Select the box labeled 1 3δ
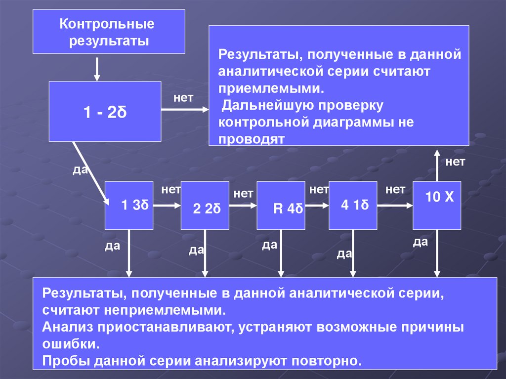point(129,205)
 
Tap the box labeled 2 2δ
point(205,206)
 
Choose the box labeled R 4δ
point(281,206)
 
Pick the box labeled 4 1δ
point(353,205)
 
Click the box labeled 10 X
point(437,205)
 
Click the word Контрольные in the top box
point(107,24)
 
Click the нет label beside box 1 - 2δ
point(183,98)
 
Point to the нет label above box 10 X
point(455,162)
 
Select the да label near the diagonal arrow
point(80,169)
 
